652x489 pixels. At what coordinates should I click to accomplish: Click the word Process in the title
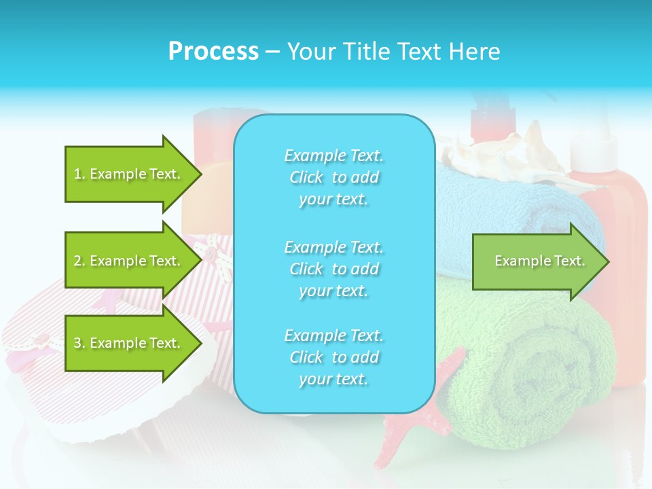(x=213, y=52)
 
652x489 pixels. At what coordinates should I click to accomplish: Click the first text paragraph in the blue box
(x=333, y=177)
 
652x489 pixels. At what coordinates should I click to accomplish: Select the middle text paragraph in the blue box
(x=333, y=269)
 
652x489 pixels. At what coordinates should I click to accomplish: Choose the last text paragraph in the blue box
(x=333, y=357)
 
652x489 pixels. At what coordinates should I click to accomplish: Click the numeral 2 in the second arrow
(x=77, y=261)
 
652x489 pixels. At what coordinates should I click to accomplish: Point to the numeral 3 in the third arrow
(x=77, y=343)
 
